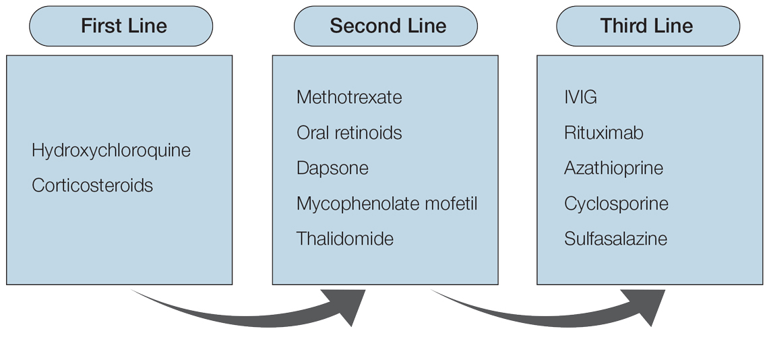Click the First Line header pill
(121, 26)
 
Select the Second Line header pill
(386, 26)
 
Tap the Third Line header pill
(648, 26)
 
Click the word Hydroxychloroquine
(111, 150)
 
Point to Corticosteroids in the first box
(92, 185)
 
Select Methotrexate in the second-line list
(349, 97)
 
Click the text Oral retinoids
(349, 133)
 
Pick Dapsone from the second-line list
(332, 168)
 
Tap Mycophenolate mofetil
(387, 204)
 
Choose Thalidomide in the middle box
(345, 239)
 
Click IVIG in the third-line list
(580, 97)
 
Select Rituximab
(603, 133)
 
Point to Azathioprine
(613, 168)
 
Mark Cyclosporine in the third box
(616, 204)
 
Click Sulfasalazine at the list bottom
(615, 239)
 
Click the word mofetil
(454, 204)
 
